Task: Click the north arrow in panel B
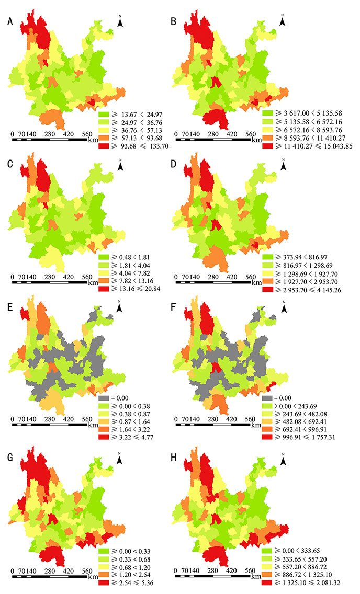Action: tap(283, 21)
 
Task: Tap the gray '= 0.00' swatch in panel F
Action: tap(268, 399)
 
